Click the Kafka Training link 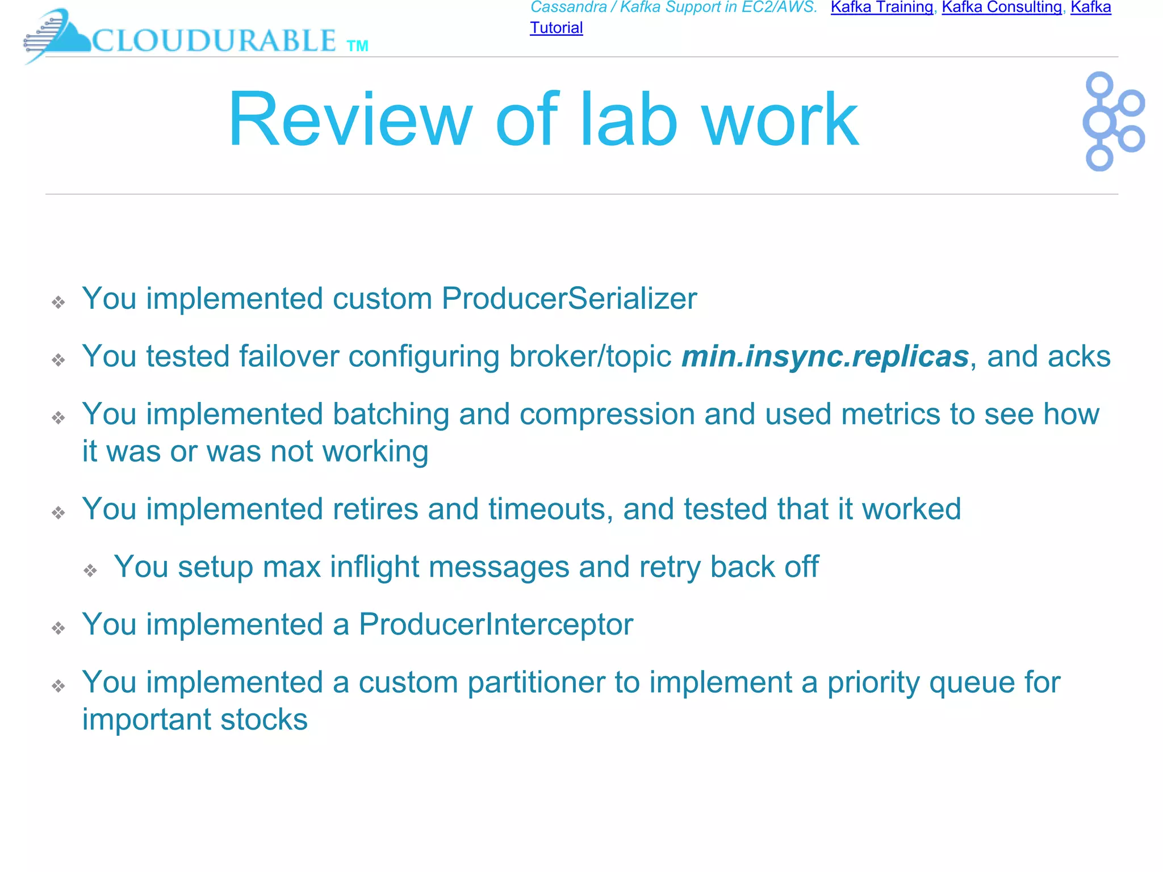881,7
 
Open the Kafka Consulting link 1002,7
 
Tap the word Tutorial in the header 556,28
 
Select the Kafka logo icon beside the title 1112,121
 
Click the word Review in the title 350,120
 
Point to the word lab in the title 628,120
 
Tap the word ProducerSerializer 569,299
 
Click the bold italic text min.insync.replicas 825,357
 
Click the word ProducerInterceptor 496,624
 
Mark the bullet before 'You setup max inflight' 90,570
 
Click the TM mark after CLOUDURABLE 357,46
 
